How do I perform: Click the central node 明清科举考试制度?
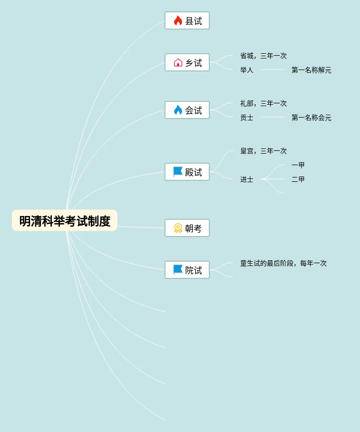coord(65,221)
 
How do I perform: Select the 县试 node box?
coord(187,21)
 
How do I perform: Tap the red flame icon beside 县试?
coord(178,21)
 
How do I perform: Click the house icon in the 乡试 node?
coord(178,63)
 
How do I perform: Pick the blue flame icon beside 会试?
coord(178,110)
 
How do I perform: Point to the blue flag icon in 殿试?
coord(178,172)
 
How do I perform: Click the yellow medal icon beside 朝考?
coord(178,228)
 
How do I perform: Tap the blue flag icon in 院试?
coord(178,270)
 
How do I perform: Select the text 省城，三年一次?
coord(263,56)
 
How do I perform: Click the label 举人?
coord(247,70)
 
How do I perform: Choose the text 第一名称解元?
coord(311,70)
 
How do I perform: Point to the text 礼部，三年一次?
coord(263,104)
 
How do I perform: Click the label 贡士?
coord(247,118)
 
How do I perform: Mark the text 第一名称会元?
coord(311,118)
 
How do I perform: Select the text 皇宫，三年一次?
coord(263,151)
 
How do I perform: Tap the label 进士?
coord(247,180)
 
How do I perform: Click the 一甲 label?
coord(298,166)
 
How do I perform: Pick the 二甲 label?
coord(298,180)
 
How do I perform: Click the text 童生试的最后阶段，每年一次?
coord(283,264)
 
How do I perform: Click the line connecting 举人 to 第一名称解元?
coord(272,70)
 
